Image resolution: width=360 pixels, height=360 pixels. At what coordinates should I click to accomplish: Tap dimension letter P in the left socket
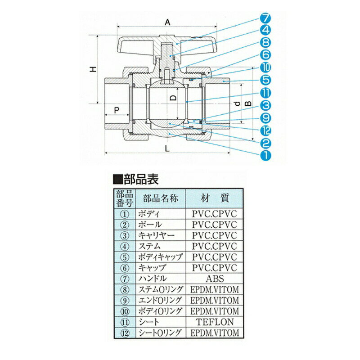click(x=116, y=110)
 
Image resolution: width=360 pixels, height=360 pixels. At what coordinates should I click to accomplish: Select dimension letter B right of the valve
click(x=247, y=104)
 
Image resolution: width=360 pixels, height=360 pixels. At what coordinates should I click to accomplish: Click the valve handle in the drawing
click(x=135, y=45)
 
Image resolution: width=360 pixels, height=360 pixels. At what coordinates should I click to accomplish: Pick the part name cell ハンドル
click(x=153, y=279)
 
